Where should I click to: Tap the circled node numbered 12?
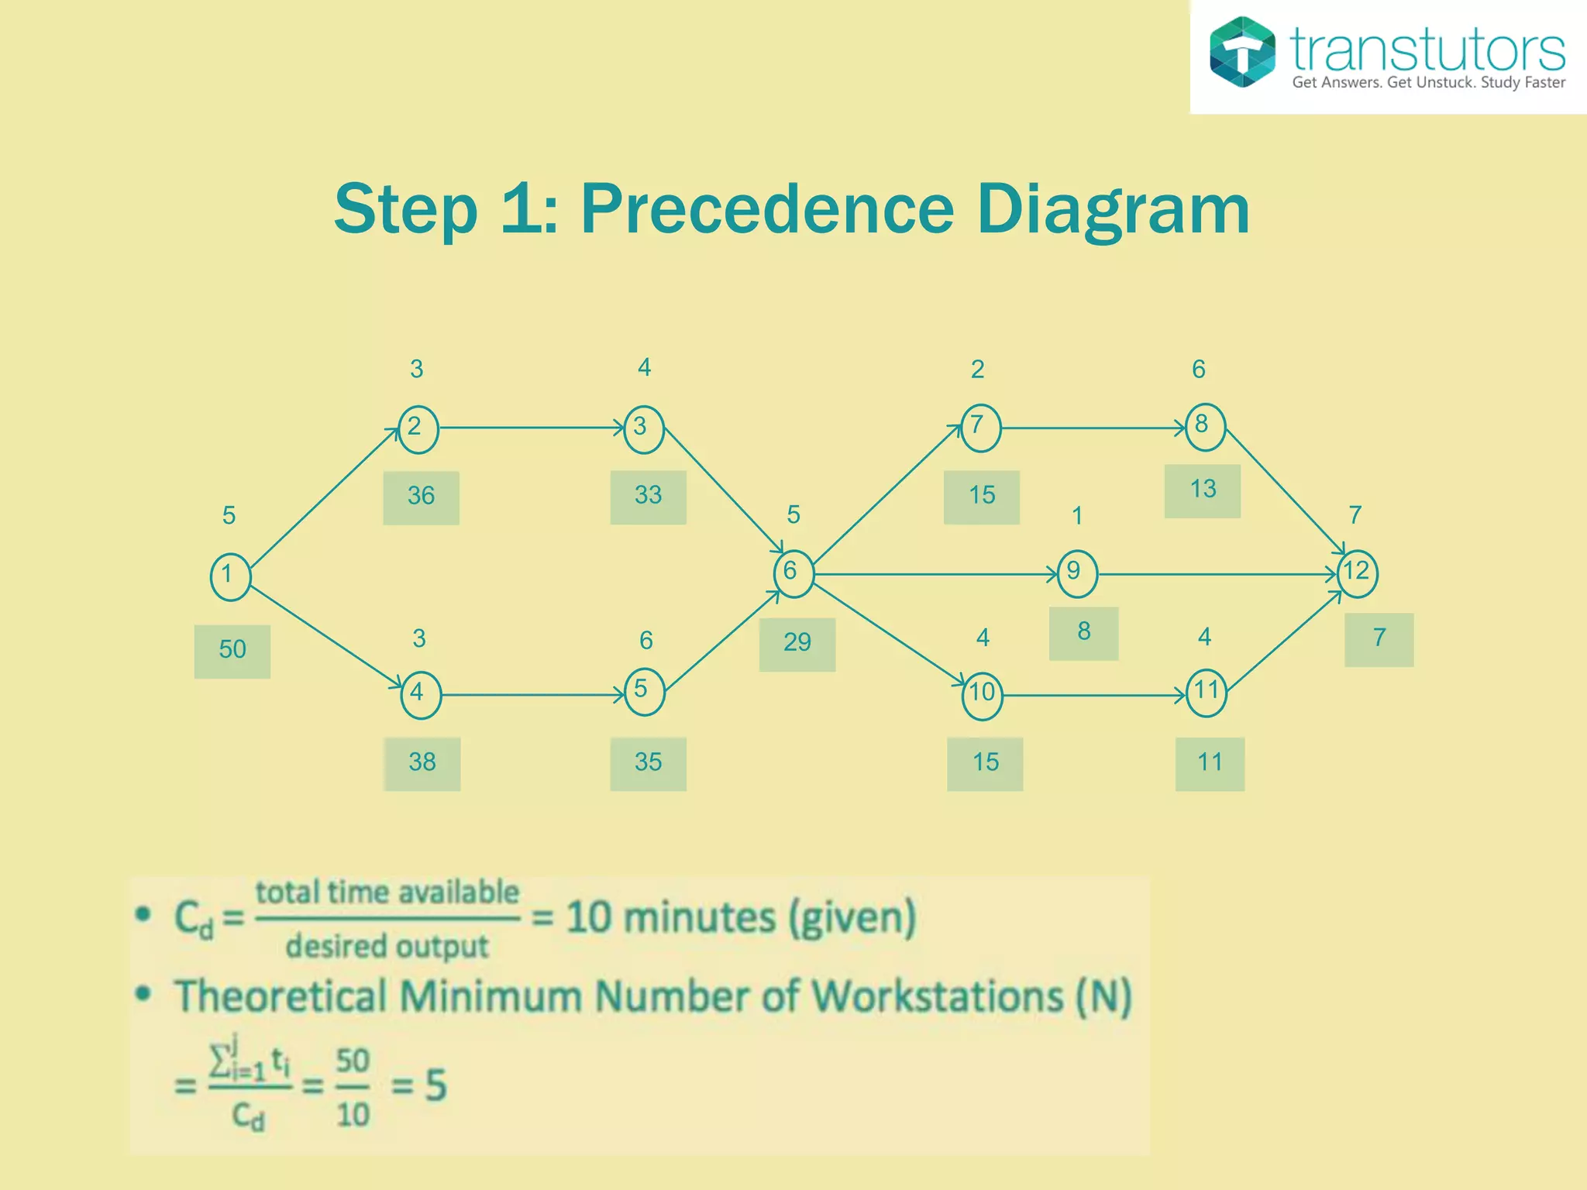click(x=1357, y=573)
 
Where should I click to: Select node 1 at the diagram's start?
click(x=230, y=576)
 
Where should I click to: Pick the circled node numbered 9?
click(x=1076, y=573)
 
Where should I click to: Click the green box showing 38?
click(x=422, y=763)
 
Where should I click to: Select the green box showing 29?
click(x=797, y=644)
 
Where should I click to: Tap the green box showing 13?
click(x=1202, y=490)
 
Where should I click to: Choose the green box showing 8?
click(x=1083, y=633)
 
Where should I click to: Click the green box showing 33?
click(x=648, y=497)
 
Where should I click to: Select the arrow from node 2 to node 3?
click(x=531, y=427)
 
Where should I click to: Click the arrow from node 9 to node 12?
click(x=1217, y=574)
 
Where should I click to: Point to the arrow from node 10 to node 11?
click(x=1093, y=695)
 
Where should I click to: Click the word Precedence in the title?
click(x=766, y=209)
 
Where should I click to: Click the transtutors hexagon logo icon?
click(x=1242, y=52)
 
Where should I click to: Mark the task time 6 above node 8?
click(x=1198, y=370)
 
